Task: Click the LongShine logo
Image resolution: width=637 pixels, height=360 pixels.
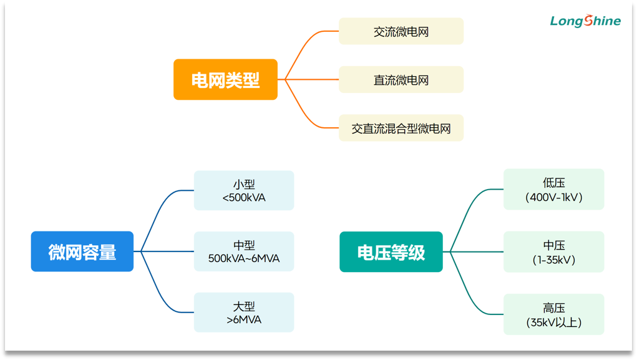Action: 585,21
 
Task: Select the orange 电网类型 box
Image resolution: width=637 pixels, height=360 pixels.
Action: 225,79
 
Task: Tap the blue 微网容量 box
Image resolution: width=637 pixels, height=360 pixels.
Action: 82,251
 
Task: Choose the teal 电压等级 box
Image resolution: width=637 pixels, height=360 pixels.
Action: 391,251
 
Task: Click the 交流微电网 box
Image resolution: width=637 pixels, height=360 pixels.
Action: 401,31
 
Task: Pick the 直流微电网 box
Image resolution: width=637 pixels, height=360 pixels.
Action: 401,80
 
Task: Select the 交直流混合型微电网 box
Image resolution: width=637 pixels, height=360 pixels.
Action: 401,129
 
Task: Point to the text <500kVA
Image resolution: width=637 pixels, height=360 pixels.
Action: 244,198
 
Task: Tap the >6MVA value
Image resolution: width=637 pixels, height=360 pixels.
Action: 244,320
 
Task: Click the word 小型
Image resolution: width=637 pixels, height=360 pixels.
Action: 244,185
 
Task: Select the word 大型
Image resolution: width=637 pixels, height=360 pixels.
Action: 244,307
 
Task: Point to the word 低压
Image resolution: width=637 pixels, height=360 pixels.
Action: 554,183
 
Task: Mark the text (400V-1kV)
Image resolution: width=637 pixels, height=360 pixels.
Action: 554,197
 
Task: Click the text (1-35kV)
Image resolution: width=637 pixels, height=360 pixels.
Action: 554,260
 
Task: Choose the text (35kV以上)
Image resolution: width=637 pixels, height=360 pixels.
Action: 554,323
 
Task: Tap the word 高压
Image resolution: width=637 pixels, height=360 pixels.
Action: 554,308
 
